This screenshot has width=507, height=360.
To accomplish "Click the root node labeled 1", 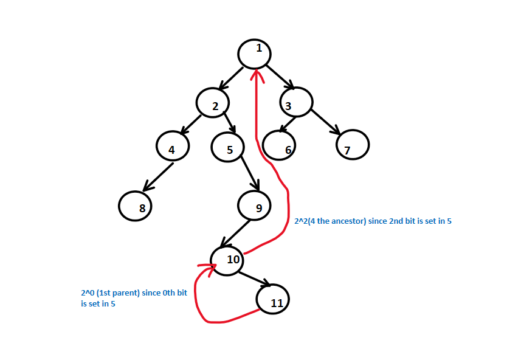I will pos(254,54).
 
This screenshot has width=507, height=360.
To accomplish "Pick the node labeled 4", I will pos(173,147).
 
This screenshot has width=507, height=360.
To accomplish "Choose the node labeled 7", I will pos(352,146).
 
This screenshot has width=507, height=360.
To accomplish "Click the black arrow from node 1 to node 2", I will pos(230,77).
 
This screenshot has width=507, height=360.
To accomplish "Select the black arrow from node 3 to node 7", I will pos(326,122).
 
